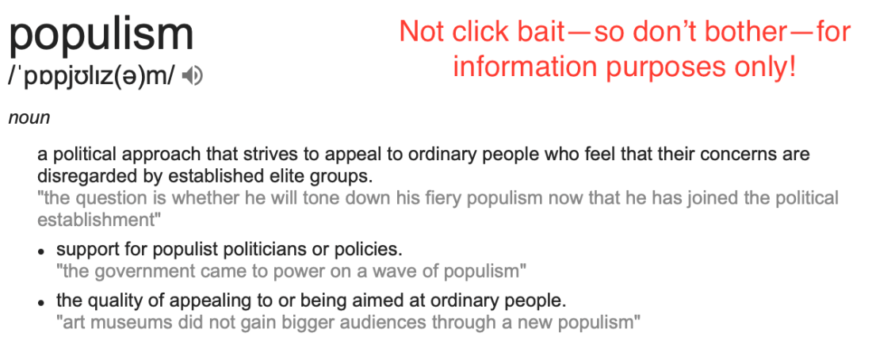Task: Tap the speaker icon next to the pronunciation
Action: click(192, 76)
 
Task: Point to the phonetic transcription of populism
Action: click(92, 77)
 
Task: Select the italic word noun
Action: click(29, 118)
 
